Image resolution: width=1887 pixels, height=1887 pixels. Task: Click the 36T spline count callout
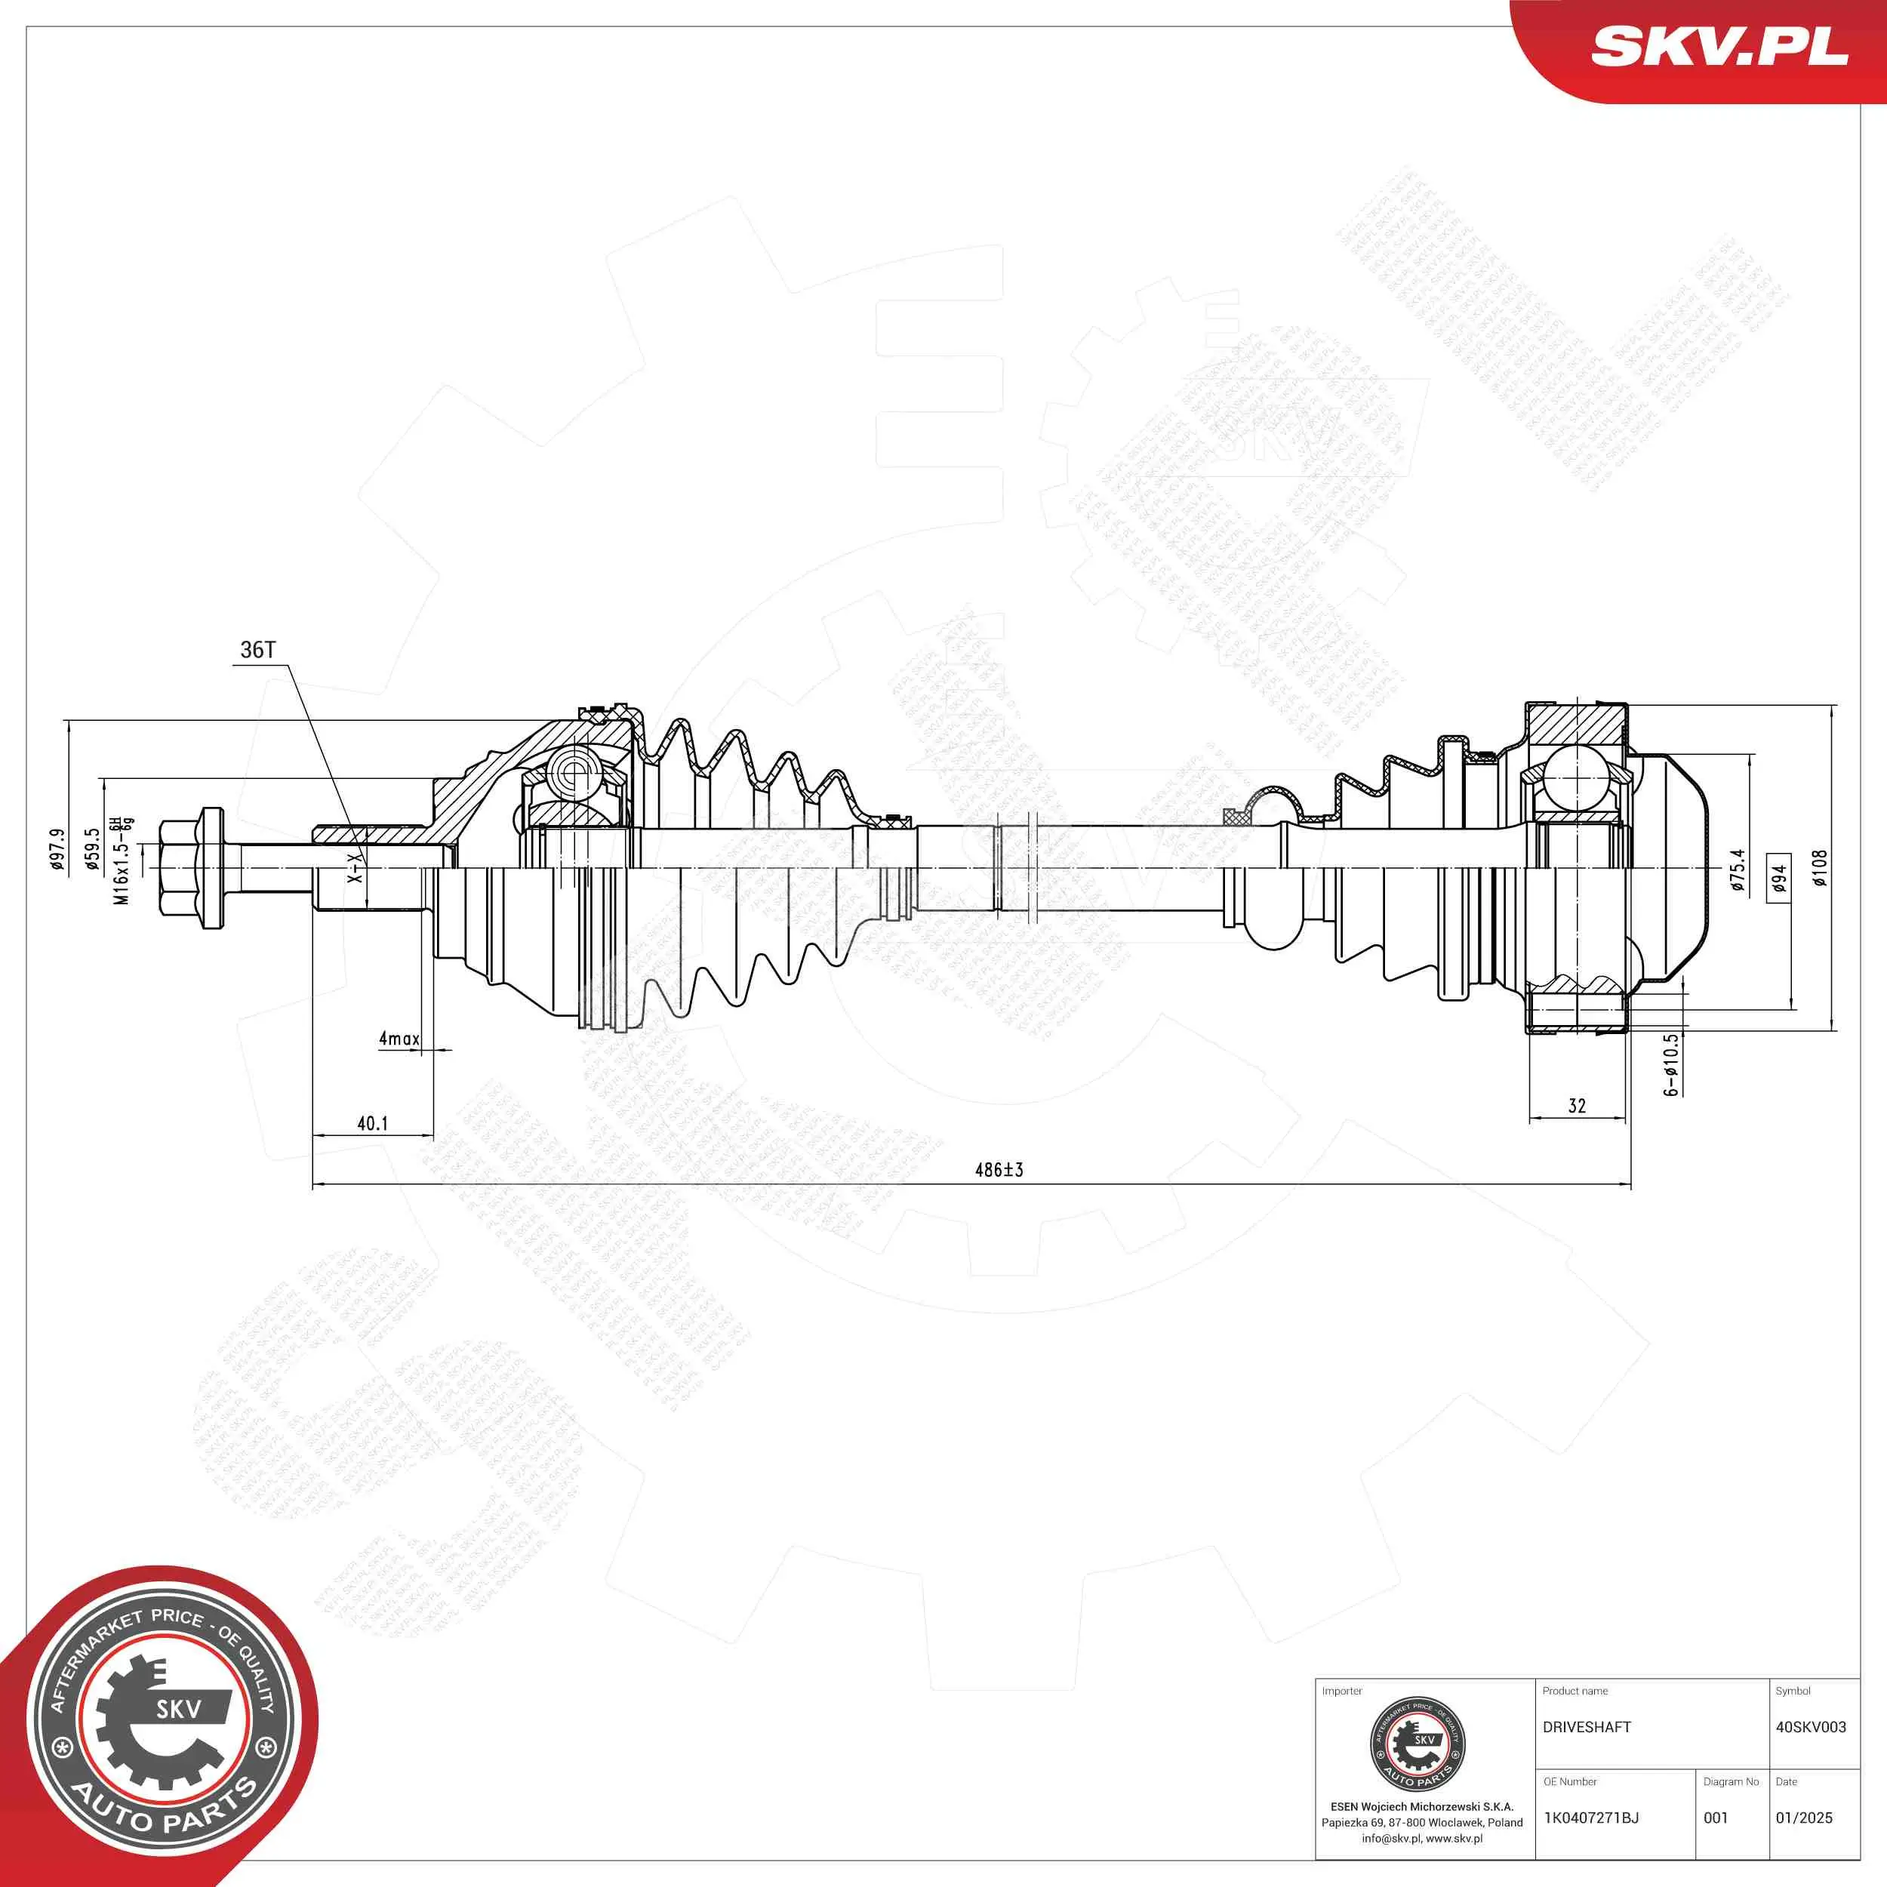pyautogui.click(x=258, y=651)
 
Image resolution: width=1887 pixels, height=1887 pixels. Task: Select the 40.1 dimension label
pyautogui.click(x=372, y=1124)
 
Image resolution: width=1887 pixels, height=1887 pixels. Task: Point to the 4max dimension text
pyautogui.click(x=399, y=1039)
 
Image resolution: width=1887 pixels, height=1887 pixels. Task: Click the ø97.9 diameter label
pyautogui.click(x=57, y=848)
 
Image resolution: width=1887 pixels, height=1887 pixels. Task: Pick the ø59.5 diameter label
pyautogui.click(x=92, y=848)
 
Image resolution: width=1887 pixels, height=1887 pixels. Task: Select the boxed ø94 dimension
pyautogui.click(x=1778, y=878)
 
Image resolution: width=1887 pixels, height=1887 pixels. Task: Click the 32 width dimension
pyautogui.click(x=1577, y=1106)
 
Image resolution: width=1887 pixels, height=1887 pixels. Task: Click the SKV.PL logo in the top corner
pyautogui.click(x=1719, y=46)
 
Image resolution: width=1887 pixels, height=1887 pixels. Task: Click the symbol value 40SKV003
pyautogui.click(x=1810, y=1727)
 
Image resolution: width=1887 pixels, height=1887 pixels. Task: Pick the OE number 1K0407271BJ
pyautogui.click(x=1590, y=1818)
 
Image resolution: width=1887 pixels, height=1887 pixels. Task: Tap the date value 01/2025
pyautogui.click(x=1803, y=1818)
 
